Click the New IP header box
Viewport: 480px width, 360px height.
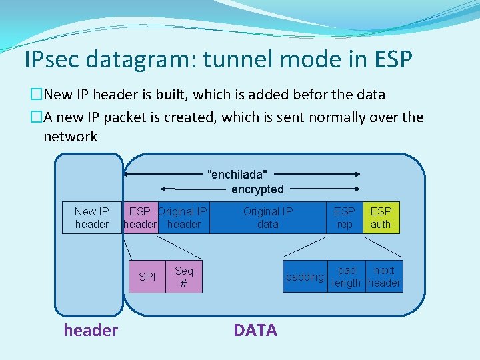(92, 218)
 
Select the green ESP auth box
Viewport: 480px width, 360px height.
(381, 218)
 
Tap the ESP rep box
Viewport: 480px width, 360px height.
(344, 218)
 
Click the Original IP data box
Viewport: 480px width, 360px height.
(267, 218)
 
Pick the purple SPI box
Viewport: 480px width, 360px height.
(147, 277)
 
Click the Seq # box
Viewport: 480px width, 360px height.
(183, 277)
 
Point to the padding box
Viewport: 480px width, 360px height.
(305, 277)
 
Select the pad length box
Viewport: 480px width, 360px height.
(347, 277)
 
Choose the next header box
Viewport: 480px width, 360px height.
(384, 277)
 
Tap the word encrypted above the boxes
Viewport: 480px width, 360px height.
(257, 189)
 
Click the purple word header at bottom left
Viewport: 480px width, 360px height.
(91, 330)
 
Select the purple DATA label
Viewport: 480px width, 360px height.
(255, 330)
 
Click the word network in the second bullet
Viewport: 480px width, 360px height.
(70, 137)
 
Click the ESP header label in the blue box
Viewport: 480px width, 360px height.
(140, 218)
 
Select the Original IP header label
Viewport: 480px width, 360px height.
(183, 218)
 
